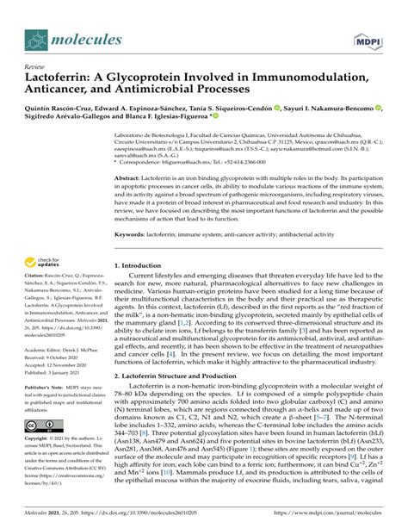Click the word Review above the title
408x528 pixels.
tap(35, 66)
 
